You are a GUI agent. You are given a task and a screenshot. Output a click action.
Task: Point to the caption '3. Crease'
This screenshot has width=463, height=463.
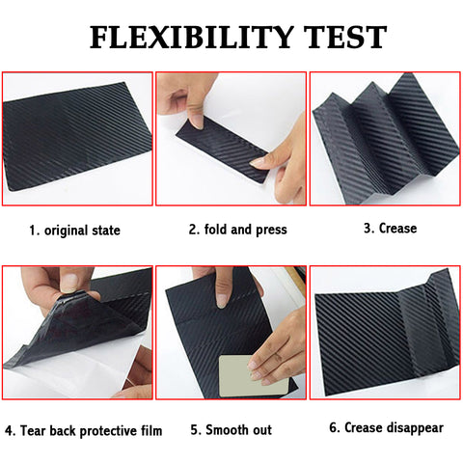tap(390, 229)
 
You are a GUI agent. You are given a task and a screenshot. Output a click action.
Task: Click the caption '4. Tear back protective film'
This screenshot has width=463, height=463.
tap(83, 429)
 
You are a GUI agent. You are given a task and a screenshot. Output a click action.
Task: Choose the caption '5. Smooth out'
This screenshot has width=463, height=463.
tap(231, 429)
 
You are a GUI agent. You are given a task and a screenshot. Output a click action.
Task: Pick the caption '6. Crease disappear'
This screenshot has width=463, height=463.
tap(387, 427)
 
